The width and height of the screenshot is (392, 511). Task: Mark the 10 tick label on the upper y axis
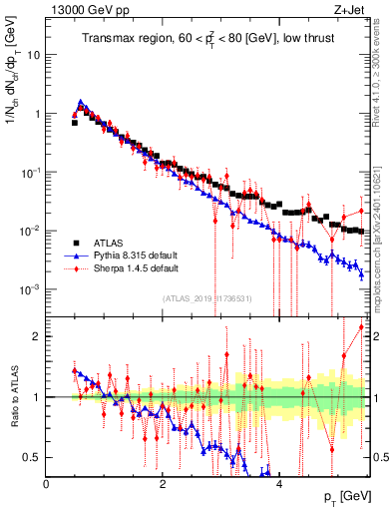pos(34,55)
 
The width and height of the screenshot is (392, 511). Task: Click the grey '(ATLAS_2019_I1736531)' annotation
pos(213,297)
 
